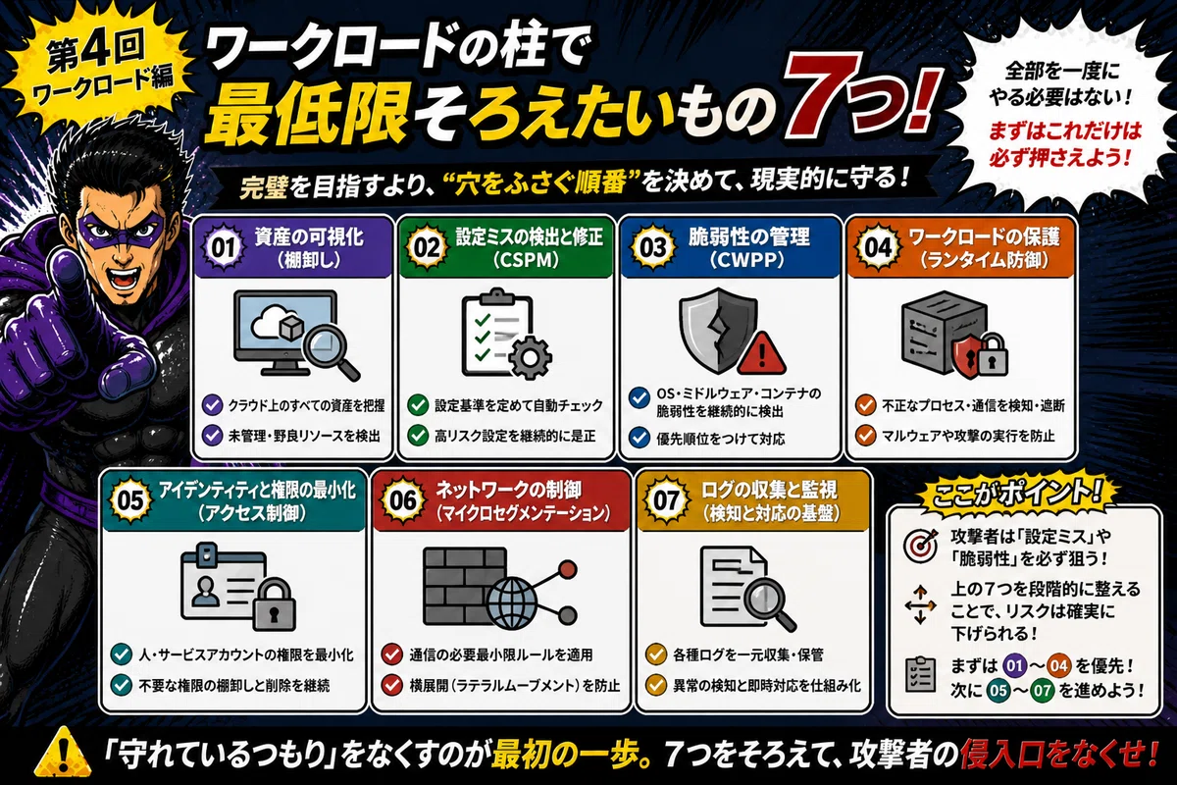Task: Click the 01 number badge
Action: [225, 247]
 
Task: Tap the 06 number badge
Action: [403, 500]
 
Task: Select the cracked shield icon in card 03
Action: [719, 330]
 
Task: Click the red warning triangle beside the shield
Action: [762, 352]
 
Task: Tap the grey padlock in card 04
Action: [991, 355]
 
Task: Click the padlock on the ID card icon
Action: [275, 603]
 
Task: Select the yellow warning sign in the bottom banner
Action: [63, 753]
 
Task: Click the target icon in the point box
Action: [920, 546]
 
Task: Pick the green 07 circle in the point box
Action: [1043, 691]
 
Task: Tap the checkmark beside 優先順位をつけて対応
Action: [640, 438]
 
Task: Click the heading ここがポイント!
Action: [1017, 494]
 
